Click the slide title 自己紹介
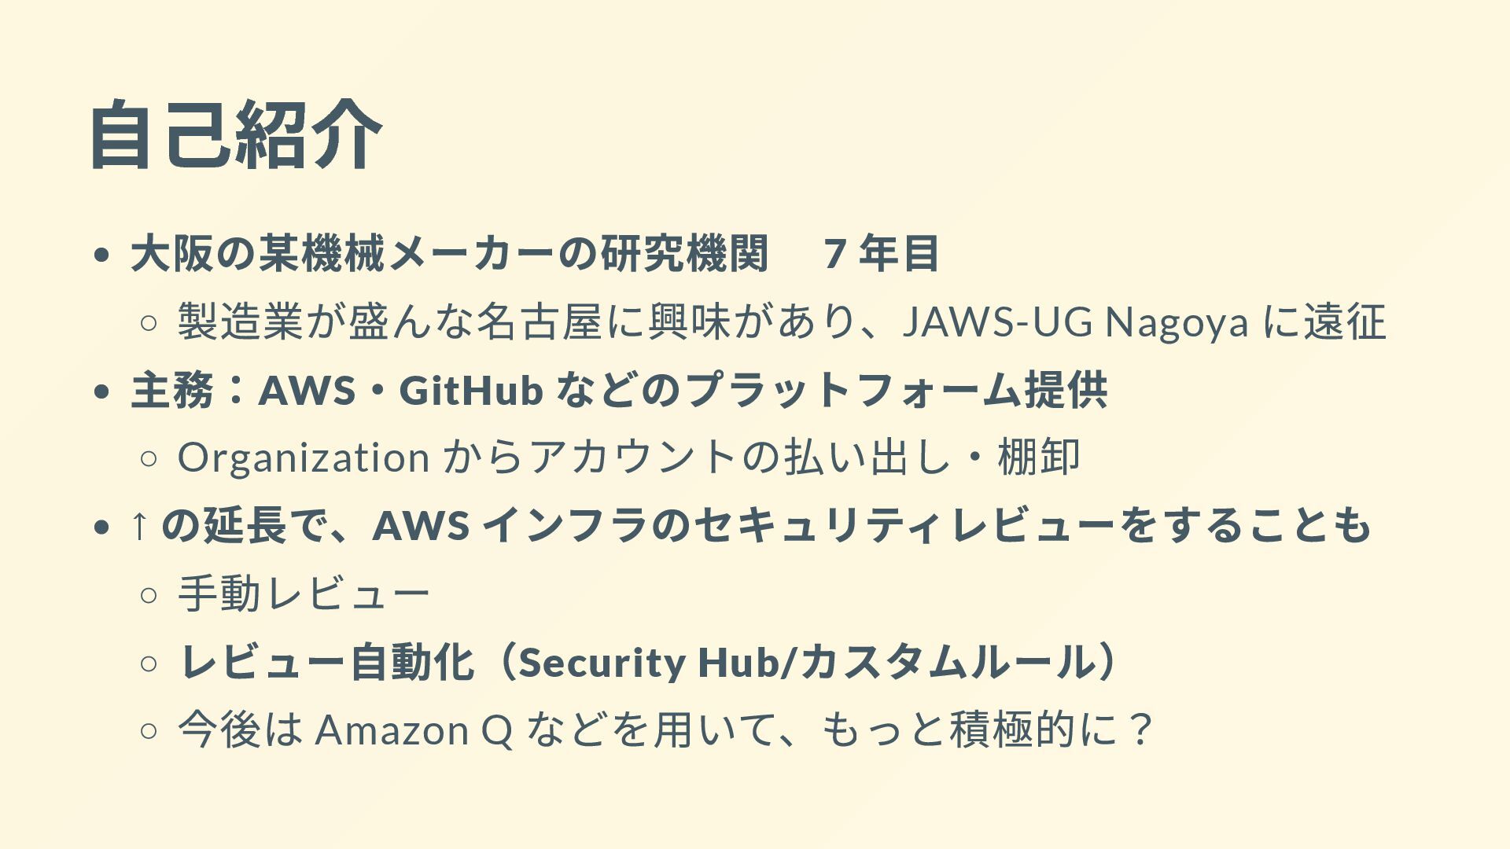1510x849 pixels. point(236,135)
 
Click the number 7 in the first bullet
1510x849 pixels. point(835,253)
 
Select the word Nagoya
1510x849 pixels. point(1177,322)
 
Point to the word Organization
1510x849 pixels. point(304,457)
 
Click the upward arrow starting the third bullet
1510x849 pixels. point(139,524)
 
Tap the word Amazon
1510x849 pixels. point(392,730)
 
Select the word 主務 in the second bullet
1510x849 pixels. point(172,390)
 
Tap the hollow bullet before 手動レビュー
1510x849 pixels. point(149,594)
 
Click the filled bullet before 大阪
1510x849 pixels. point(100,255)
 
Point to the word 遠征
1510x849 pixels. point(1344,322)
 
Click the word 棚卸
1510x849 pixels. point(1039,457)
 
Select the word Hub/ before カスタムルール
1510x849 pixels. point(748,663)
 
